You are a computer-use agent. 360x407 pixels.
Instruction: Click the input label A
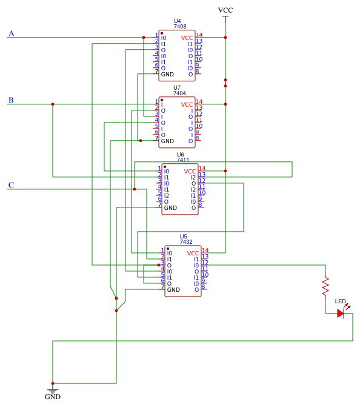click(11, 33)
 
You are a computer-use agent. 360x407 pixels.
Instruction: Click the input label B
click(11, 100)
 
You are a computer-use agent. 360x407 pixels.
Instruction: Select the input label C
click(11, 185)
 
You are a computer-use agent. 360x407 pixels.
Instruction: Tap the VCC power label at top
click(225, 10)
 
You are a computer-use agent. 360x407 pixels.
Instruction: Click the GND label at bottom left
click(53, 397)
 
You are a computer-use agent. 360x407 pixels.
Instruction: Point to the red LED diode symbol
click(341, 314)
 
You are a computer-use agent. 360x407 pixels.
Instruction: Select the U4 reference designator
click(177, 21)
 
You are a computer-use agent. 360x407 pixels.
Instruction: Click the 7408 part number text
click(179, 27)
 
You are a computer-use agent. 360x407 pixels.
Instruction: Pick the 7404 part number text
click(179, 93)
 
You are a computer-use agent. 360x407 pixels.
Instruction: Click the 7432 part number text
click(186, 242)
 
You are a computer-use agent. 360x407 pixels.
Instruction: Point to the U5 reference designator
click(183, 236)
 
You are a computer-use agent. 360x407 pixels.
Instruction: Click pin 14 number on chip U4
click(199, 35)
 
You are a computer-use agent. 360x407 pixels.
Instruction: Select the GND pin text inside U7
click(167, 141)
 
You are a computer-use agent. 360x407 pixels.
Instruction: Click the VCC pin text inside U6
click(190, 171)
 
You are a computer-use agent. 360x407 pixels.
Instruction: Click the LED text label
click(341, 301)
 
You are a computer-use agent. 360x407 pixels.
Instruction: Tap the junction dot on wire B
click(53, 104)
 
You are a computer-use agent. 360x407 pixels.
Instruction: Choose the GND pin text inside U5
click(173, 289)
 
